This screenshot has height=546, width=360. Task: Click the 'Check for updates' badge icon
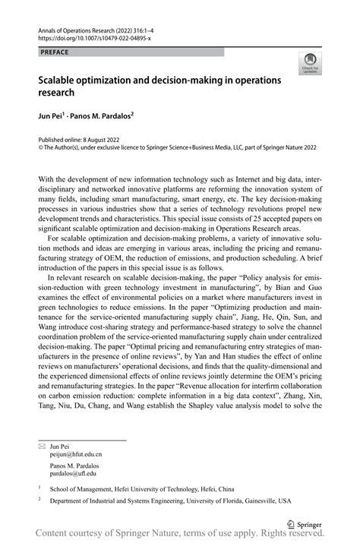(x=310, y=64)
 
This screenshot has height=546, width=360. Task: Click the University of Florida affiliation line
(x=170, y=502)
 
